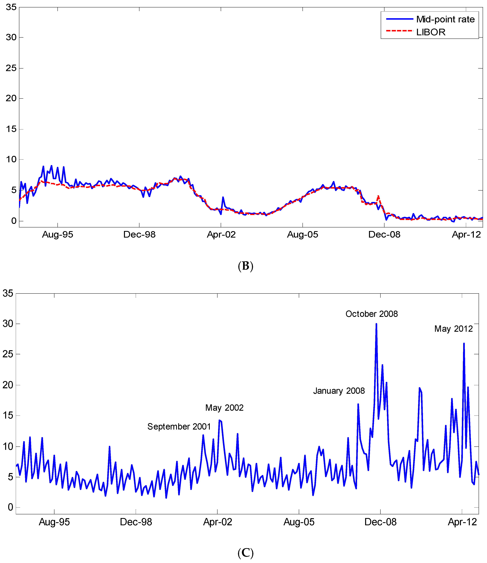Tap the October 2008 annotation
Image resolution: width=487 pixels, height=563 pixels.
pyautogui.click(x=372, y=314)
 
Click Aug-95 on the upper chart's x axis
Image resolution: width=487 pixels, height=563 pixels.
pyautogui.click(x=58, y=235)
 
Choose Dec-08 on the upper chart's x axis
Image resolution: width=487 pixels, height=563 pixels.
pyautogui.click(x=384, y=235)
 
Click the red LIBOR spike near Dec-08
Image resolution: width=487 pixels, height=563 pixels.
pyautogui.click(x=378, y=196)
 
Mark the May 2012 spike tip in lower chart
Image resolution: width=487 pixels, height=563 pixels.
pyautogui.click(x=464, y=343)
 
